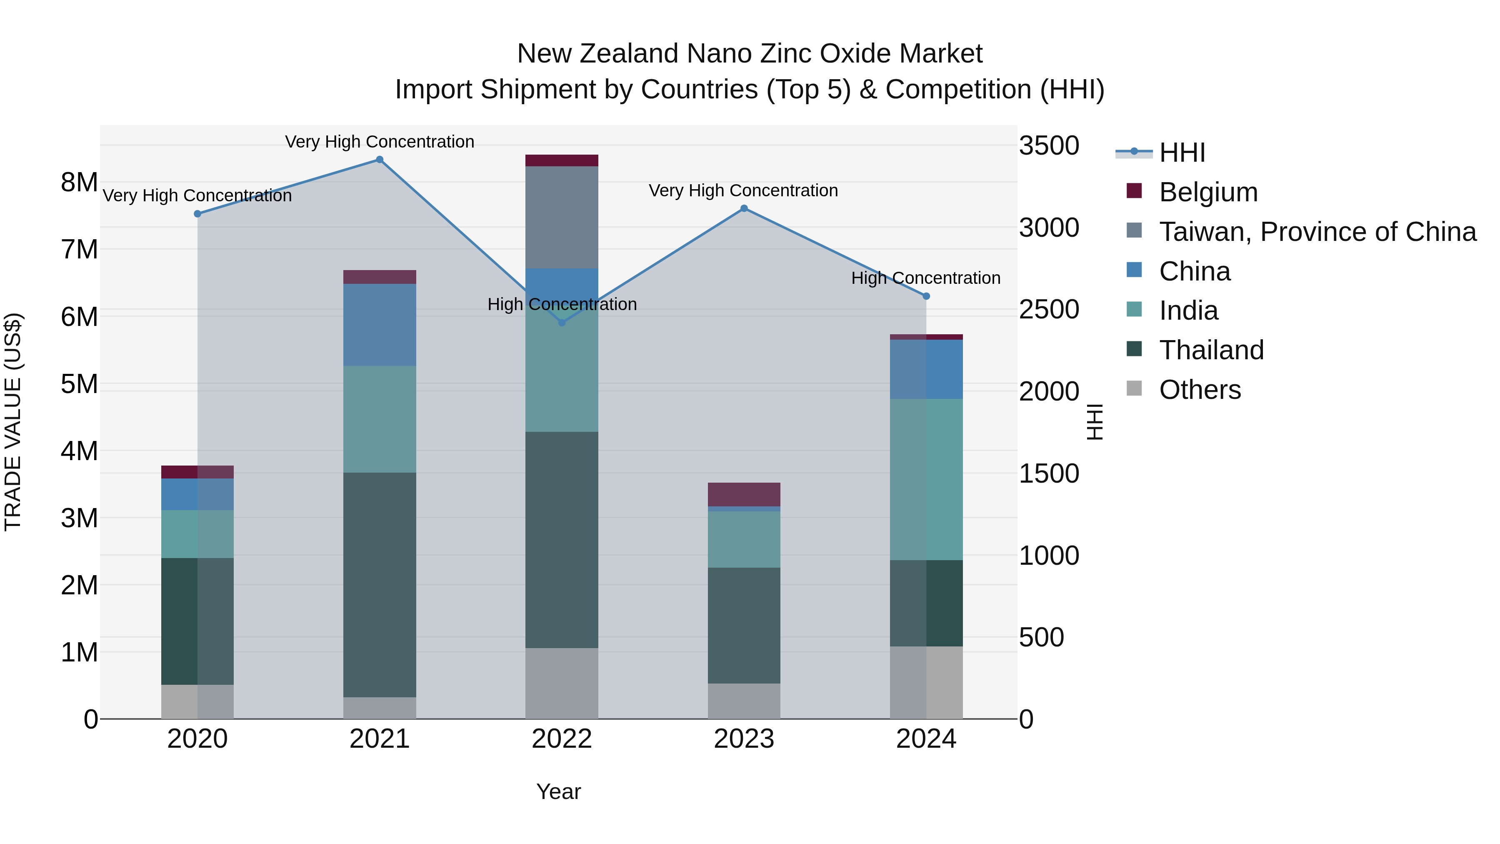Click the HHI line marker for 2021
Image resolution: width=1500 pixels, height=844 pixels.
pos(380,160)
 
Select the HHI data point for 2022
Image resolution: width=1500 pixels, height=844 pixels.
pos(562,323)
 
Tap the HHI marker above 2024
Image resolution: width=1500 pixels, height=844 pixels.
pos(926,296)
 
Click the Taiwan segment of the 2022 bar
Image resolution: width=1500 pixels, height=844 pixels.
pos(562,217)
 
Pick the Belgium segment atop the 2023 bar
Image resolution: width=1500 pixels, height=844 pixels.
pos(744,494)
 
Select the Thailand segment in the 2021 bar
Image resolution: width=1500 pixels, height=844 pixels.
pos(380,584)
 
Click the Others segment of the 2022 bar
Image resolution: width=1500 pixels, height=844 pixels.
pos(562,683)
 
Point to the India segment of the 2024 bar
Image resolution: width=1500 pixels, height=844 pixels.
pos(926,479)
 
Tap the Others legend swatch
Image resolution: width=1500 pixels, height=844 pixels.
pos(1134,388)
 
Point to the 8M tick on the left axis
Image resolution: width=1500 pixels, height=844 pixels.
pos(79,182)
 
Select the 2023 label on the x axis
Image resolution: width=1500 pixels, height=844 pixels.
pos(744,739)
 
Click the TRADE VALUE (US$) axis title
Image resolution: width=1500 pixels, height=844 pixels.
pos(13,422)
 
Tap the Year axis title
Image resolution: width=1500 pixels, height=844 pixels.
pos(558,791)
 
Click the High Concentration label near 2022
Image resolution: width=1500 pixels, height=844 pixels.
pos(562,304)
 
